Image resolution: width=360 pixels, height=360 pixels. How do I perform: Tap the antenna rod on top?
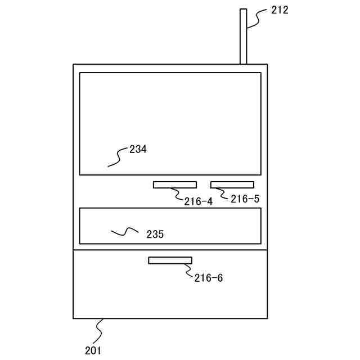(243, 36)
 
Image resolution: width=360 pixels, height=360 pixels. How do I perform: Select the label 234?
(138, 150)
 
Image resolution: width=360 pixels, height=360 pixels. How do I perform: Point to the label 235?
(155, 234)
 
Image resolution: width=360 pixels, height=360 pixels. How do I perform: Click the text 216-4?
(198, 201)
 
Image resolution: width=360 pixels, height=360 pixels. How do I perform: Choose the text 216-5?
(245, 199)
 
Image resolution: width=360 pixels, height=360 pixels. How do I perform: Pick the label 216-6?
(209, 278)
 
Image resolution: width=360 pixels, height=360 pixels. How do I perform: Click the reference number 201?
(93, 350)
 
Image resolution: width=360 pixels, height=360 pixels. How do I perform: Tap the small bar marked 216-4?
(174, 184)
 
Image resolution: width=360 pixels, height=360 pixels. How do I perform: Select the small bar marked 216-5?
(232, 184)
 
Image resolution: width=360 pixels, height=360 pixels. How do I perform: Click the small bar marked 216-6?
(170, 260)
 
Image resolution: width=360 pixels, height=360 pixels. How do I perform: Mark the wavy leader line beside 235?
(125, 231)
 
